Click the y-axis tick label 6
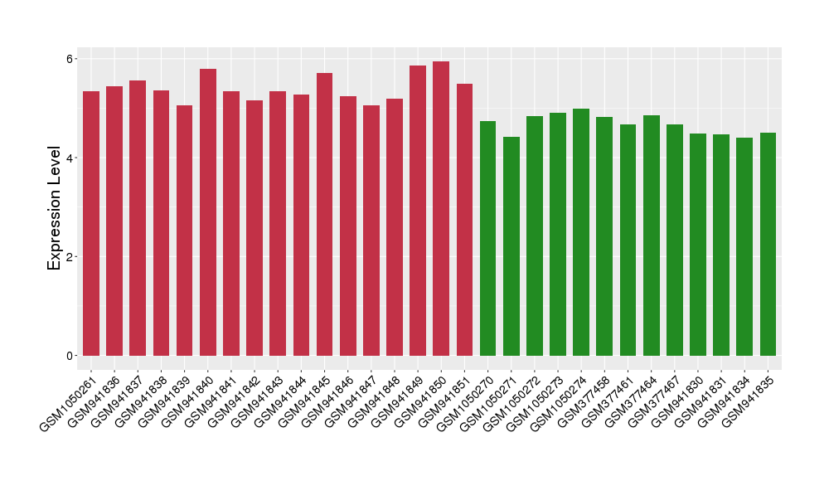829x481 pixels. pos(70,59)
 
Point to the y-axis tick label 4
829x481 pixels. pos(70,158)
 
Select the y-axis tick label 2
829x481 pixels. pos(70,256)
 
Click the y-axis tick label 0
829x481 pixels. pos(70,356)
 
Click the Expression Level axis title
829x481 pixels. pos(55,207)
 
